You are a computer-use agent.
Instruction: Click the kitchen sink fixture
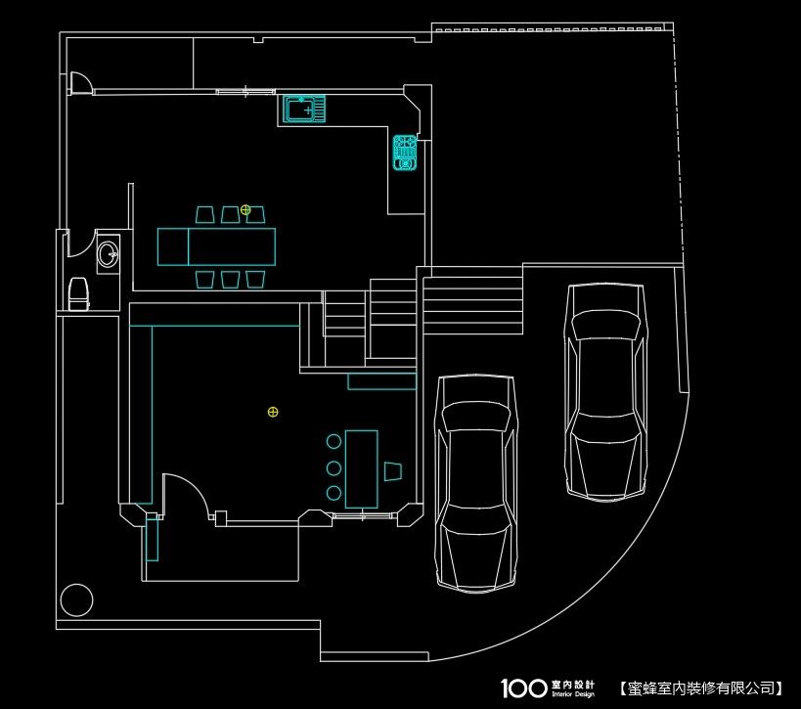coord(304,109)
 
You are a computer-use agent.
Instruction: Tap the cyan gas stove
coord(405,153)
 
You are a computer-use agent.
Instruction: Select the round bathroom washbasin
coord(109,254)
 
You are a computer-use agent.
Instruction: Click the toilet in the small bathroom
coord(78,294)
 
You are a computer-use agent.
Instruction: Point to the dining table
coord(216,246)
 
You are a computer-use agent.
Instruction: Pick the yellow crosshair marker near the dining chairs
coord(245,209)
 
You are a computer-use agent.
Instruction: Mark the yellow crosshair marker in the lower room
coord(273,412)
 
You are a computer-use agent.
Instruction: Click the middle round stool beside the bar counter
coord(334,467)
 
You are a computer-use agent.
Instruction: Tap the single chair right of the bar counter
coord(393,471)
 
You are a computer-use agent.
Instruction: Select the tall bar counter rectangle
coord(362,469)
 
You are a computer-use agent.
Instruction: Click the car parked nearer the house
coord(475,484)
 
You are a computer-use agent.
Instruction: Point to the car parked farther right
coord(605,392)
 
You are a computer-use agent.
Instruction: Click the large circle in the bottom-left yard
coord(76,600)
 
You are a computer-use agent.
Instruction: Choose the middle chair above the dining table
coord(231,214)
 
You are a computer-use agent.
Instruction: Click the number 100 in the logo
coord(523,688)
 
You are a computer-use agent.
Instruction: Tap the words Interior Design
coord(573,694)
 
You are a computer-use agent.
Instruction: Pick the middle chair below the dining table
coord(231,280)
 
